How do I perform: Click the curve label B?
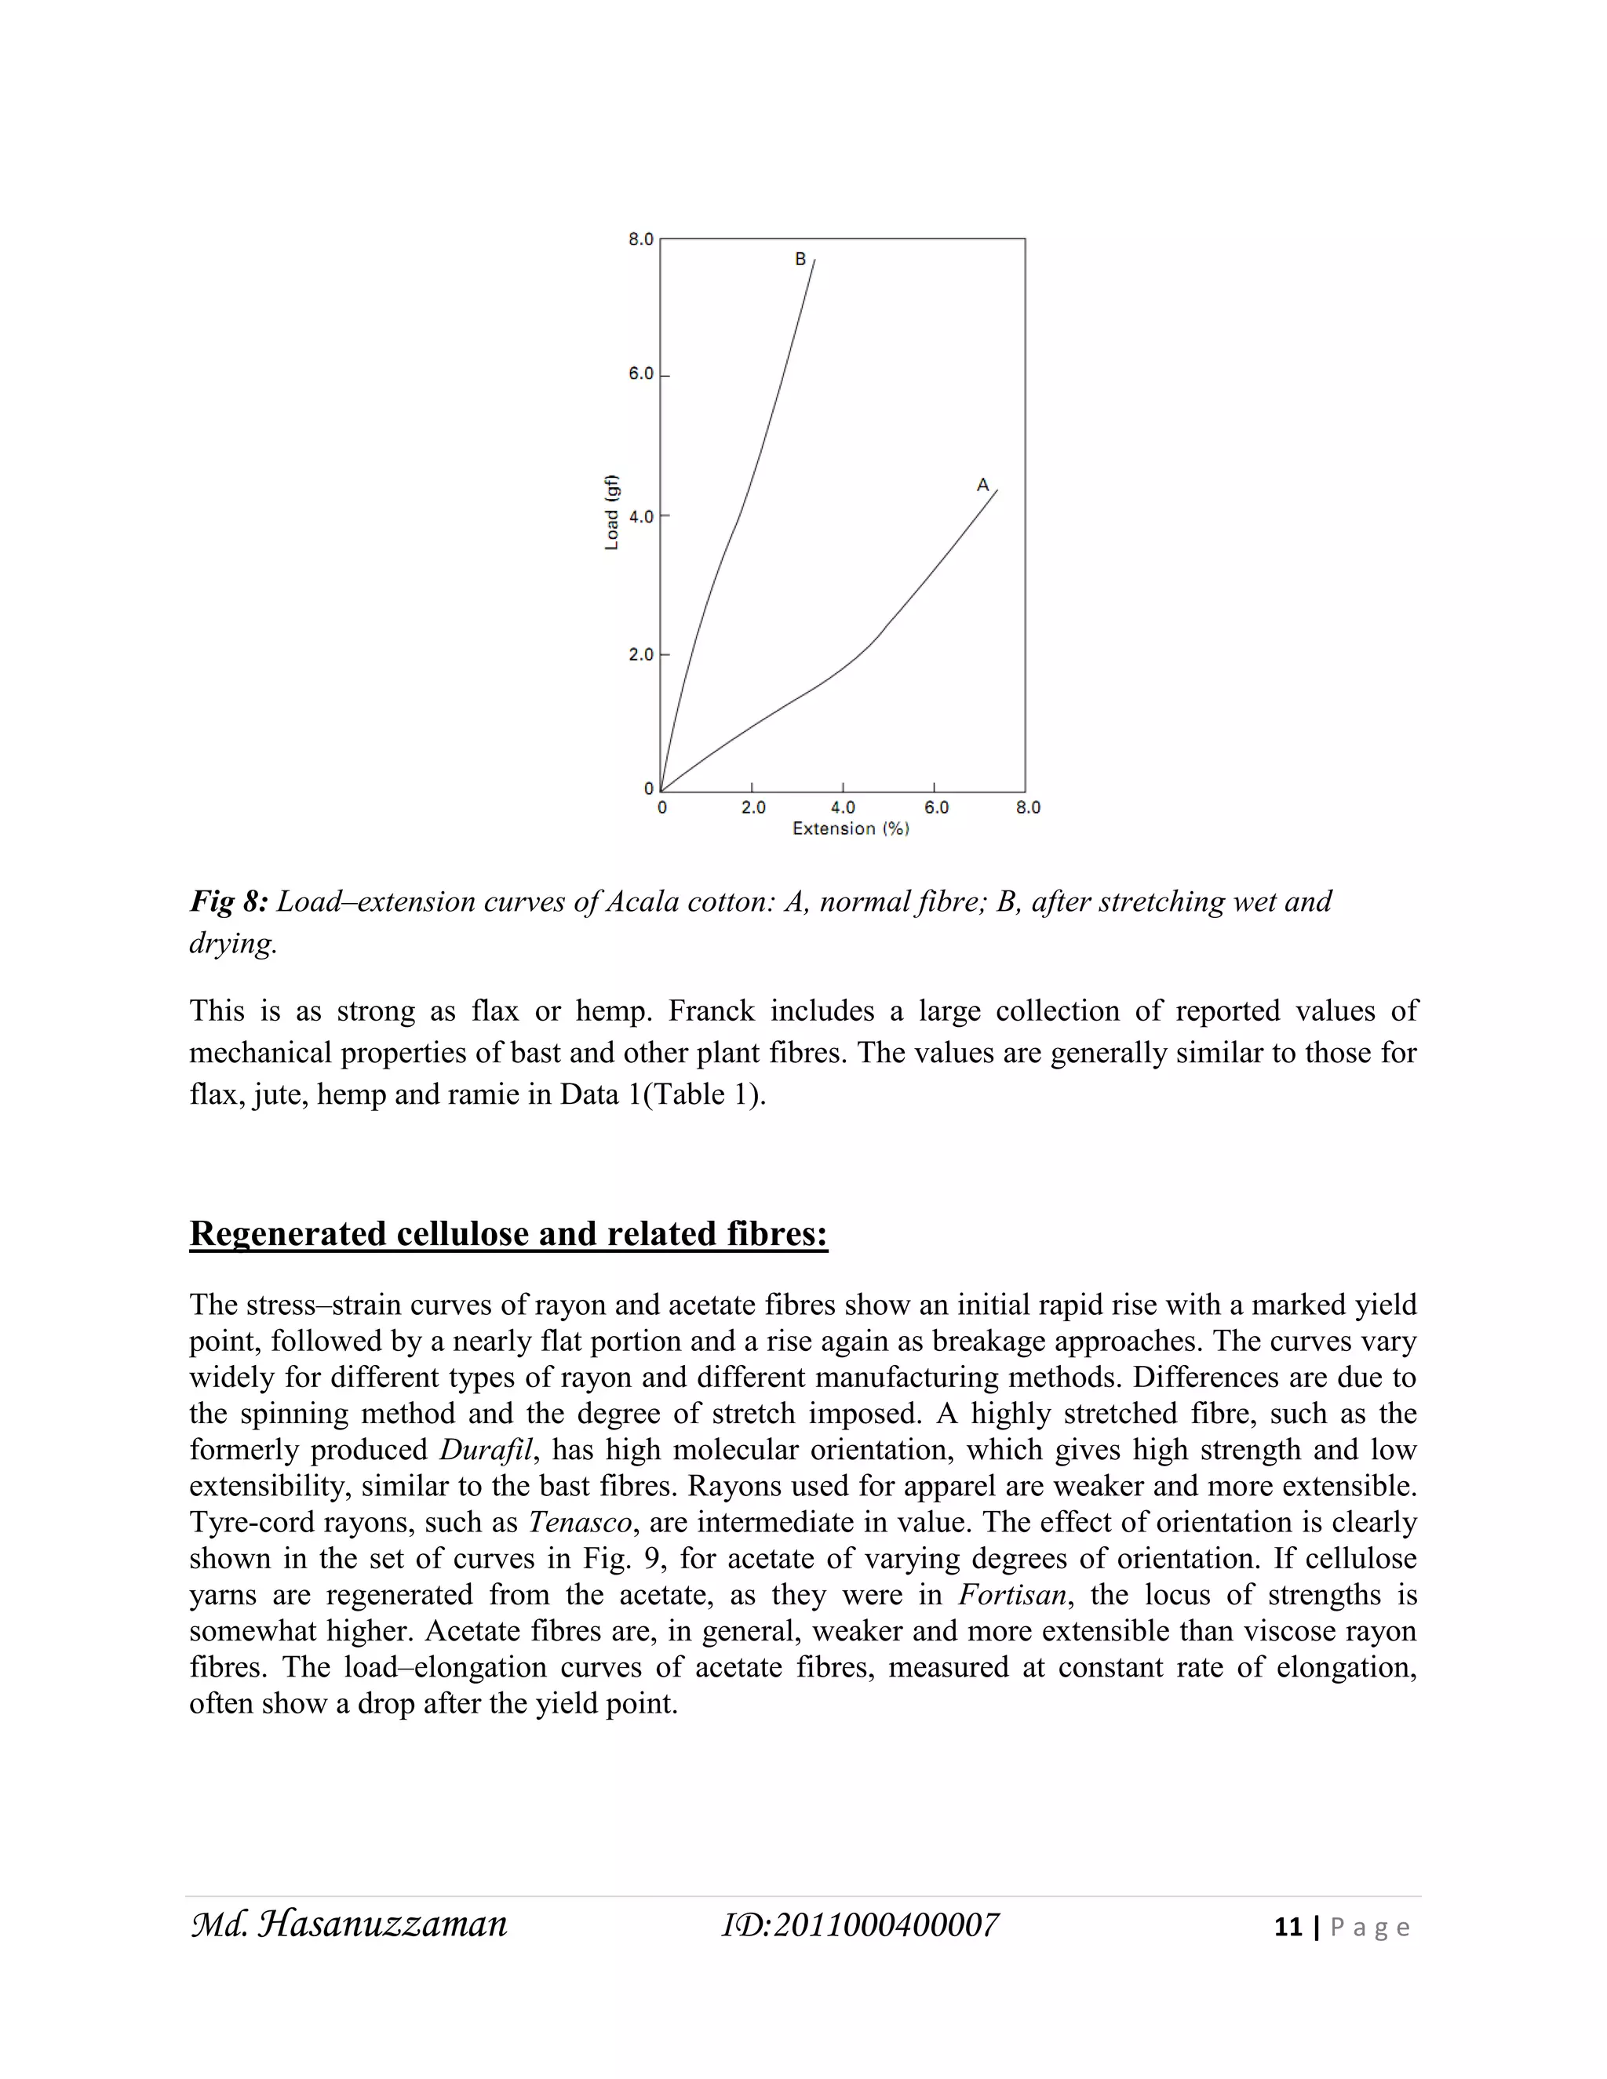[x=800, y=259]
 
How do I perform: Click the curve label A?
[x=982, y=486]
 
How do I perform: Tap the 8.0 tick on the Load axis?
[x=641, y=239]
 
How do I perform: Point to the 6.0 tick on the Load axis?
[x=641, y=374]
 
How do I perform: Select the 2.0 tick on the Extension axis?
[x=753, y=807]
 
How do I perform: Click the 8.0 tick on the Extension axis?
[x=1028, y=807]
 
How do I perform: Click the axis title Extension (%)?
[x=850, y=829]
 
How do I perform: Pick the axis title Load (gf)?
[x=612, y=512]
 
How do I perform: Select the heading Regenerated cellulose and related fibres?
[x=508, y=1234]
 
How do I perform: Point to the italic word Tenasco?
[x=580, y=1522]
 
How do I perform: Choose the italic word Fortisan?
[x=1012, y=1594]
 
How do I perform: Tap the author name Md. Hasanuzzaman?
[x=349, y=1924]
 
